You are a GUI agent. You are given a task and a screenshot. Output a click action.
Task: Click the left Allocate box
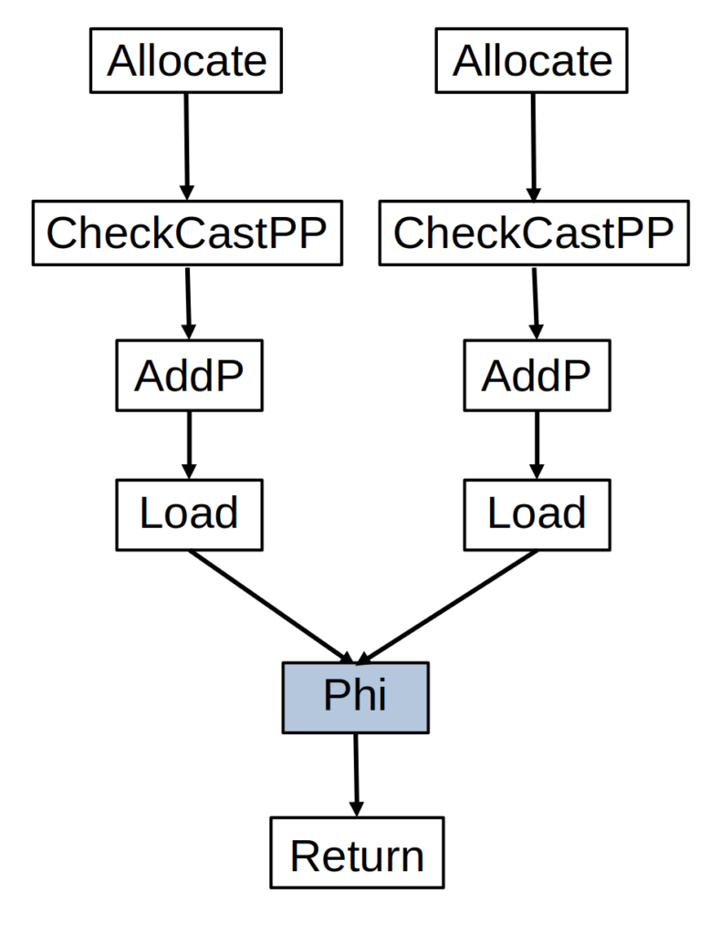(186, 62)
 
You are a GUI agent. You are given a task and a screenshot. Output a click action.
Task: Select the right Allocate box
(532, 62)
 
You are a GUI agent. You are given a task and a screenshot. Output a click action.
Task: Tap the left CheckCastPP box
(186, 234)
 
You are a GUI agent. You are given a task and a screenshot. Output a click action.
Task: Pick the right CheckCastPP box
(534, 234)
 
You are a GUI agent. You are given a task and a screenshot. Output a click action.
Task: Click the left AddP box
(189, 375)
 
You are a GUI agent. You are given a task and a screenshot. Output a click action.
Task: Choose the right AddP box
(536, 375)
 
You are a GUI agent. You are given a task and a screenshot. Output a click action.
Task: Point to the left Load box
(189, 514)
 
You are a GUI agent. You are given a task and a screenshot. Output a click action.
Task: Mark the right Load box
(536, 514)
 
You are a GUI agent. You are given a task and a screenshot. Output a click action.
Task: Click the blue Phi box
(355, 698)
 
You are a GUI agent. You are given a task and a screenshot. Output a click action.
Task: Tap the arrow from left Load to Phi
(269, 607)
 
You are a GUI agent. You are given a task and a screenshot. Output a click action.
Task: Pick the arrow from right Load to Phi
(447, 607)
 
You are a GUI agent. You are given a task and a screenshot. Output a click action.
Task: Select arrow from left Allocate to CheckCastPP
(186, 146)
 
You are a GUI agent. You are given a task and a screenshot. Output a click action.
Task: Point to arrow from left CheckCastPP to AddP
(188, 303)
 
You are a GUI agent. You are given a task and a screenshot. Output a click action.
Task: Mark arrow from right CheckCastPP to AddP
(535, 303)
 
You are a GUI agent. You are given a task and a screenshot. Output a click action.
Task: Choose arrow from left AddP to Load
(189, 444)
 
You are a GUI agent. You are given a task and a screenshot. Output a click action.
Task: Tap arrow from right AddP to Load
(536, 444)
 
